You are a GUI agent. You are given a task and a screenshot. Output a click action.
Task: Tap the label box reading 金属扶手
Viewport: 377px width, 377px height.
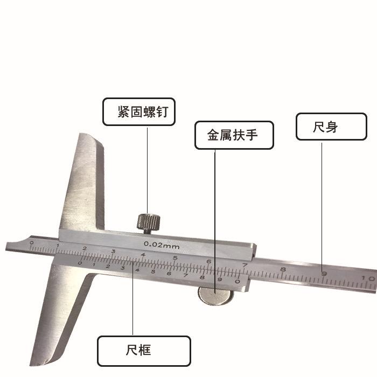tap(234, 135)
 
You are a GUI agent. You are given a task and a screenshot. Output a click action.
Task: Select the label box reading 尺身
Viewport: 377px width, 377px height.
tap(331, 127)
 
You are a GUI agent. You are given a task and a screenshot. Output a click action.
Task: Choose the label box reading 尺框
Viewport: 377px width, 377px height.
tap(143, 351)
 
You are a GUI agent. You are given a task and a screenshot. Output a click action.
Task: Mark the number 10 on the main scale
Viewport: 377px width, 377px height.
tap(368, 277)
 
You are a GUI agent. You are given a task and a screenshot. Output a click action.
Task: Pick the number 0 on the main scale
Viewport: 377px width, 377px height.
tap(31, 243)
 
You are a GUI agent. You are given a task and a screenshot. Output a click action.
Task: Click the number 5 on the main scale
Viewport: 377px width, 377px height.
tap(175, 257)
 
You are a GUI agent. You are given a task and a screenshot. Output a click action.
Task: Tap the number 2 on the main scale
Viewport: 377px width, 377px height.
tap(85, 248)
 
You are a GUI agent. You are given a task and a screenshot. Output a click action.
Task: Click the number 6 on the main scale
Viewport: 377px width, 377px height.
tap(208, 261)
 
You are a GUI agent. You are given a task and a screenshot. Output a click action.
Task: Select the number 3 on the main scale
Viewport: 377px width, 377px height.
tap(113, 252)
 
